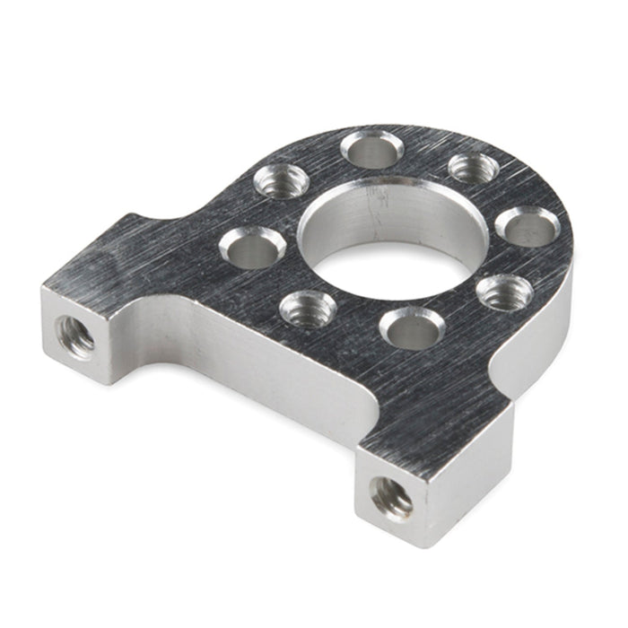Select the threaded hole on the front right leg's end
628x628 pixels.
392,493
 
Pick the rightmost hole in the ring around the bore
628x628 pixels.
528,226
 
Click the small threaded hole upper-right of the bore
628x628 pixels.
474,168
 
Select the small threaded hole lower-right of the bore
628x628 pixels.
503,292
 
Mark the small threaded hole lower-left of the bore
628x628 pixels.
308,310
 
